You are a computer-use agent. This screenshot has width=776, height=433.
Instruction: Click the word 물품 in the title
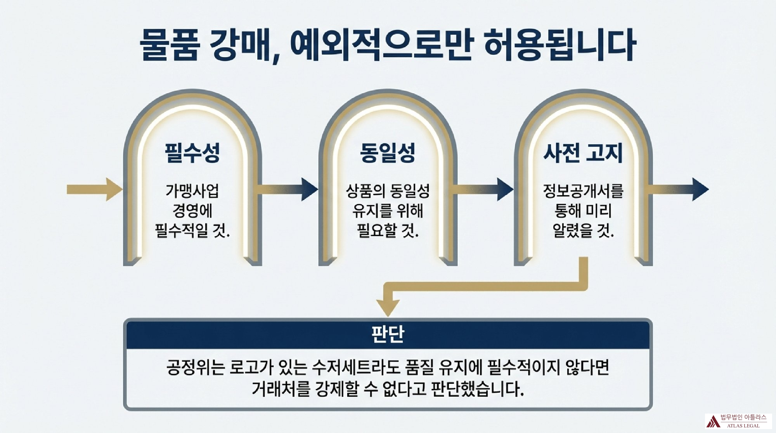tap(170, 45)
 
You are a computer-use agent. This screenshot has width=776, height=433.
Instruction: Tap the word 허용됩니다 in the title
tap(560, 45)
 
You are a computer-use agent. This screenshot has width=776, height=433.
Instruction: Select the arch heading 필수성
tap(192, 152)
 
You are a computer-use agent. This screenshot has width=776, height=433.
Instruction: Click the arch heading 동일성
tap(388, 152)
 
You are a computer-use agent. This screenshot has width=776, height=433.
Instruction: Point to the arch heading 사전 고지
tap(583, 152)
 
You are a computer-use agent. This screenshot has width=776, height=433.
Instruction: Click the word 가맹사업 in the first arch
tap(192, 191)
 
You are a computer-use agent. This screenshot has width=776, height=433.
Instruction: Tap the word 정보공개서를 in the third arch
tap(583, 191)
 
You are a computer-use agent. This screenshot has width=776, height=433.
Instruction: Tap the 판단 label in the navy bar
tap(388, 334)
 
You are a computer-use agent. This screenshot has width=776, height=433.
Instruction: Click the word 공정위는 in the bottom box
tap(195, 367)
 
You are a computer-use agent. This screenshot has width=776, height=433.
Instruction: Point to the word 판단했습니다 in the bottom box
tap(478, 389)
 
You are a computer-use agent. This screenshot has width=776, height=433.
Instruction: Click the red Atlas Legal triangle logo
tap(713, 421)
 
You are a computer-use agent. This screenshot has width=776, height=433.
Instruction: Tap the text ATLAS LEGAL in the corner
tap(743, 426)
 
